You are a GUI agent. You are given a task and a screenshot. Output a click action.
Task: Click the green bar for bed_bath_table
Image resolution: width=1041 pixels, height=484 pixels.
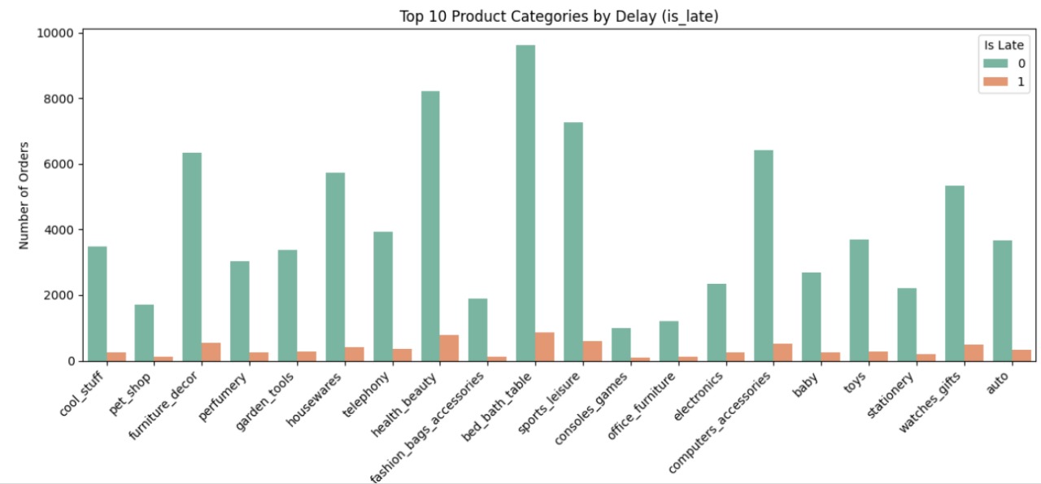(x=525, y=203)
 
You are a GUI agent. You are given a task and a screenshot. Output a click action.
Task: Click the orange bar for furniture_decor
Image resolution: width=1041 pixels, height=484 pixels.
(x=211, y=352)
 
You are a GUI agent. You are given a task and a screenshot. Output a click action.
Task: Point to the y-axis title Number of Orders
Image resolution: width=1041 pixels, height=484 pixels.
(x=24, y=198)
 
